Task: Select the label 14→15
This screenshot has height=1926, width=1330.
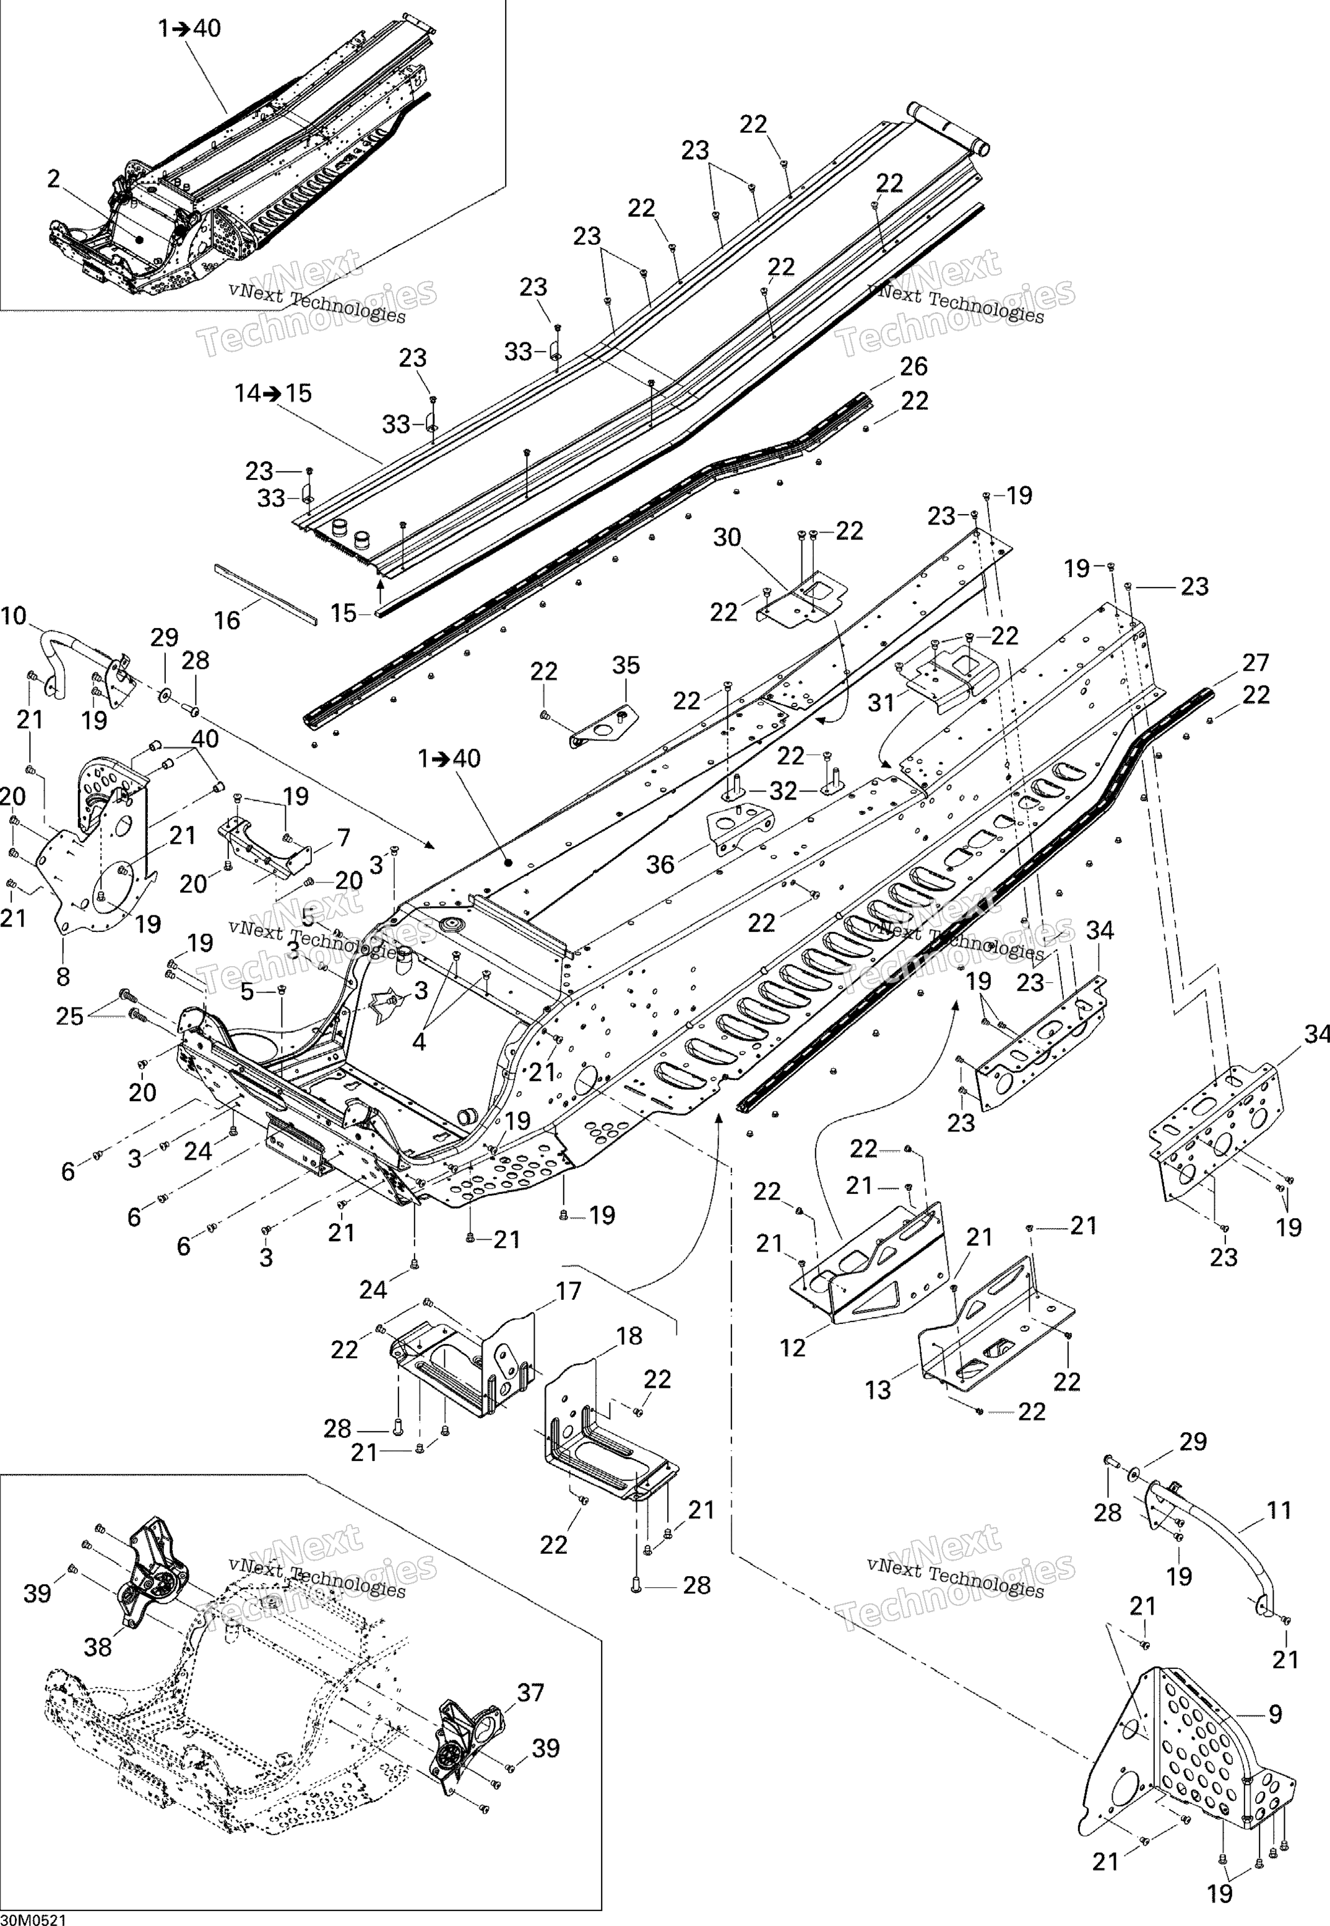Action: pyautogui.click(x=274, y=393)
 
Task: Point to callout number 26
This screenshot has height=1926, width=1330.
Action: pyautogui.click(x=913, y=366)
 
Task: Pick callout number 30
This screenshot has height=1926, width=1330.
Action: pyautogui.click(x=727, y=538)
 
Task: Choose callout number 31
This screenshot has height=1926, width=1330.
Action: pyautogui.click(x=882, y=702)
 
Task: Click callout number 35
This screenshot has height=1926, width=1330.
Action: pyautogui.click(x=626, y=665)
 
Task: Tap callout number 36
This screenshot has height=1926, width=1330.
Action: pyautogui.click(x=660, y=864)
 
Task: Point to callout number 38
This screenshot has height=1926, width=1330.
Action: pyautogui.click(x=98, y=1647)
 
